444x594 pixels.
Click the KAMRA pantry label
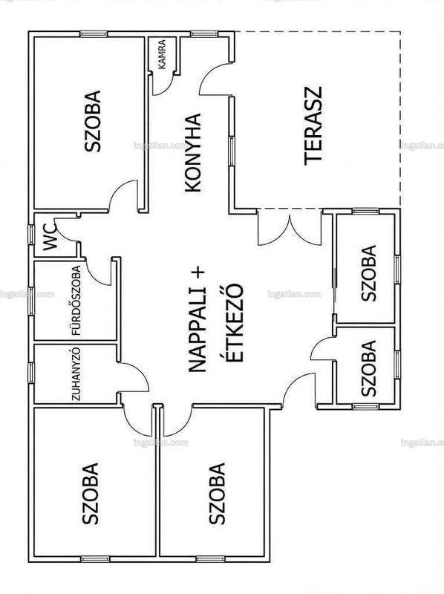pos(161,54)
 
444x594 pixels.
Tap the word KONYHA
pos(192,152)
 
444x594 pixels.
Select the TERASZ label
pos(313,126)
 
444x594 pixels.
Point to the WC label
pos(50,238)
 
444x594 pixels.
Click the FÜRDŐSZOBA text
pos(76,301)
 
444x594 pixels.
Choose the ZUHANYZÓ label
pos(76,374)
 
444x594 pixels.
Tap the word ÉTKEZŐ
pos(234,322)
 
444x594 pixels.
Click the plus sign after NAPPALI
pos(197,272)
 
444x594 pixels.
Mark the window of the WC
pos(31,235)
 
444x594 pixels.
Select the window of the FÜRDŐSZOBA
pos(31,301)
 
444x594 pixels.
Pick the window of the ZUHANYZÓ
pos(31,373)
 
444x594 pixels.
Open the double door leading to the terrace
pos(290,229)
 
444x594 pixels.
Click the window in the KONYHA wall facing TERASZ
pos(232,151)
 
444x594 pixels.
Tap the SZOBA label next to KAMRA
pos(93,121)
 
